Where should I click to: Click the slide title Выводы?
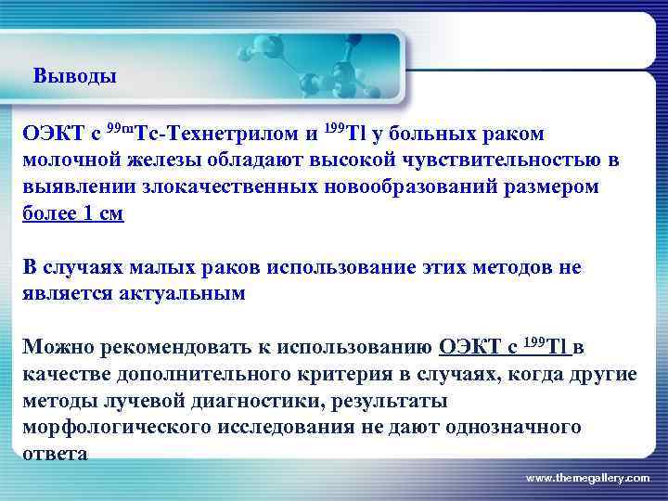pos(74,76)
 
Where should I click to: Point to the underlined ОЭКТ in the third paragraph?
pos(469,348)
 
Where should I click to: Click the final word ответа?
pos(56,454)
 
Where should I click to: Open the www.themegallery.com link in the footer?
pos(587,477)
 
